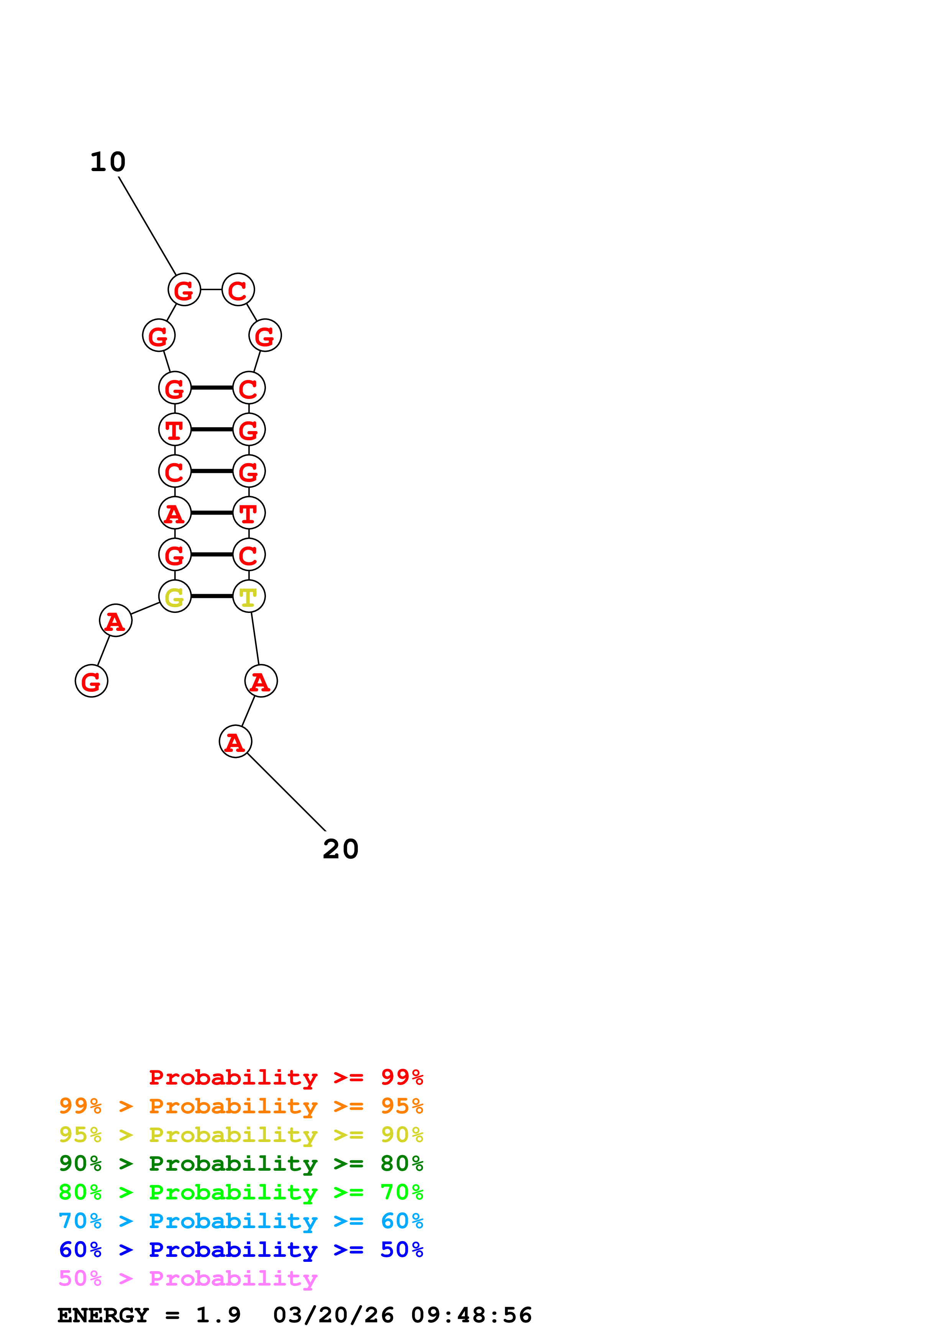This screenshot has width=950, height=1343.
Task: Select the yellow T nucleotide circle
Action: pyautogui.click(x=249, y=596)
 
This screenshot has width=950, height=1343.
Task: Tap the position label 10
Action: pyautogui.click(x=108, y=162)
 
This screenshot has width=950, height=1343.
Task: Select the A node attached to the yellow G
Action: pyautogui.click(x=115, y=620)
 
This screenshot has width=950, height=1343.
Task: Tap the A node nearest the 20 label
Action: pyautogui.click(x=235, y=742)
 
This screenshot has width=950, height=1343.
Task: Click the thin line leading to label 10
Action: pyautogui.click(x=147, y=225)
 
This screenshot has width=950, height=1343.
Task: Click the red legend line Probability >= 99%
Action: pyautogui.click(x=285, y=1077)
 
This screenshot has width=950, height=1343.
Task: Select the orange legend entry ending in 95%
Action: pyautogui.click(x=241, y=1106)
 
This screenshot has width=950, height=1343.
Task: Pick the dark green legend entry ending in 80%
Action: pyautogui.click(x=241, y=1163)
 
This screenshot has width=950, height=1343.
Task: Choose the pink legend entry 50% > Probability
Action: pyautogui.click(x=187, y=1279)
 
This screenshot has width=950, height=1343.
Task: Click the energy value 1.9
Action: pyautogui.click(x=218, y=1315)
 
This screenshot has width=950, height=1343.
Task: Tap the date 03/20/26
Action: pyautogui.click(x=333, y=1315)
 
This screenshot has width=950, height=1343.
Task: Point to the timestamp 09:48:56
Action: pyautogui.click(x=471, y=1315)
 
